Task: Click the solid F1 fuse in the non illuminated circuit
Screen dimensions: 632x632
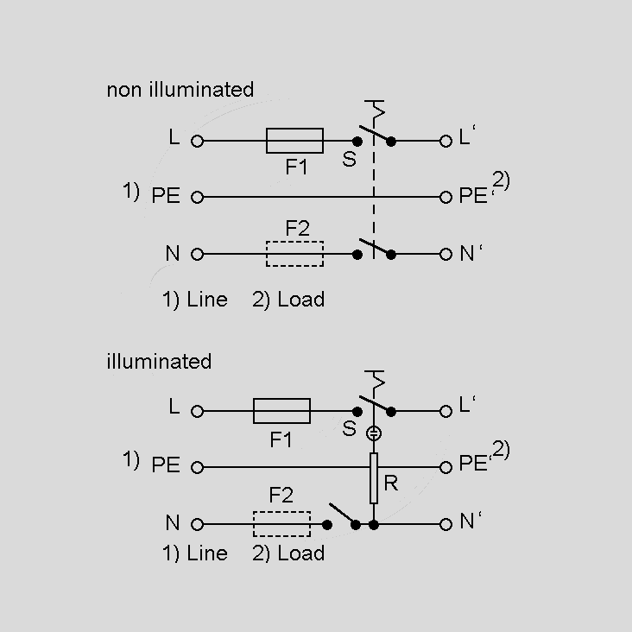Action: click(294, 140)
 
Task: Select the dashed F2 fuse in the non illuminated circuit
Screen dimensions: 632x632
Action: click(294, 254)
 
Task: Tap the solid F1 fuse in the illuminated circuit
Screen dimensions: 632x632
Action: click(281, 411)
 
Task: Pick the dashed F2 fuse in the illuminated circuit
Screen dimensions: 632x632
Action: click(281, 524)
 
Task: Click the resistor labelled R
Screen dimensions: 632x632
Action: click(374, 477)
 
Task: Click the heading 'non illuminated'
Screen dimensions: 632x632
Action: click(180, 90)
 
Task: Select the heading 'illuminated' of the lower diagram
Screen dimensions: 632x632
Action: click(158, 361)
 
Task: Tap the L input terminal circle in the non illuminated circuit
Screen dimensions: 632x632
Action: click(197, 140)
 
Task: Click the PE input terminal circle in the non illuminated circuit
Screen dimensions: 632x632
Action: click(197, 197)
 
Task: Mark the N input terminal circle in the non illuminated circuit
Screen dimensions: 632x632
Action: click(197, 254)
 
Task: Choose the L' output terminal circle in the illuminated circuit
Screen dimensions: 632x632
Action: click(446, 411)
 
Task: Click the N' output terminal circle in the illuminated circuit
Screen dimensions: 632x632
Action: click(446, 524)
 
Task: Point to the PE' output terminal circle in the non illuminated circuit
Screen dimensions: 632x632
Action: click(446, 197)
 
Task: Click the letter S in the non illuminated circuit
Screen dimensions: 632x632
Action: click(349, 160)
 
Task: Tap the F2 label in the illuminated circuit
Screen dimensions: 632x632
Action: click(281, 496)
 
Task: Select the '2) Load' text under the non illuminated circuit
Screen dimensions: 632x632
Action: click(288, 300)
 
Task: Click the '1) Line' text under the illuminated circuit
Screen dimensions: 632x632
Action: click(195, 553)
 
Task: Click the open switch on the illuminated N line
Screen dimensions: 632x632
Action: click(341, 518)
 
